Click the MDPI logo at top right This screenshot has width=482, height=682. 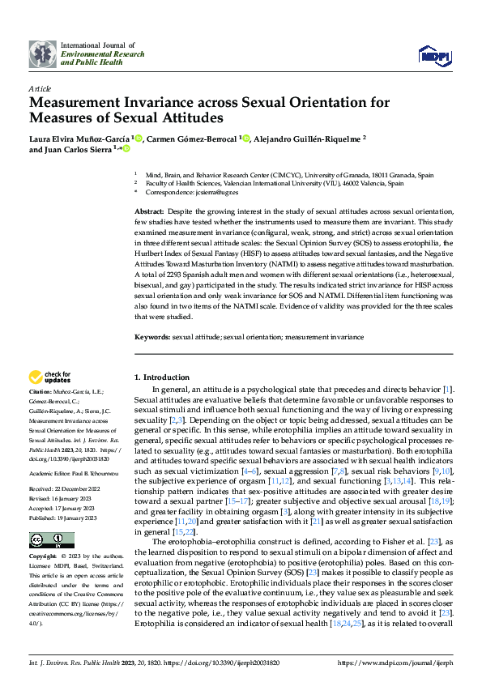click(434, 54)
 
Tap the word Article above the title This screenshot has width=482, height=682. click(40, 88)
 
